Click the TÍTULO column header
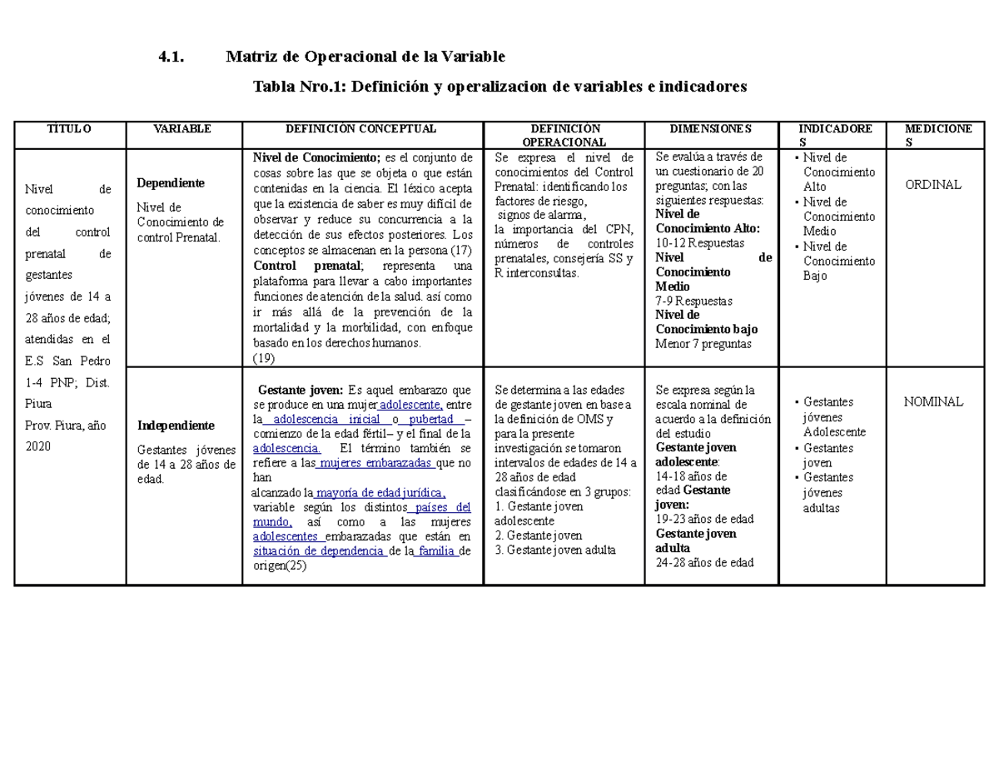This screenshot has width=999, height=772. pyautogui.click(x=69, y=128)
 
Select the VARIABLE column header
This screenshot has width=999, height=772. pyautogui.click(x=183, y=128)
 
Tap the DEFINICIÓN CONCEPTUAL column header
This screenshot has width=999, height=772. pyautogui.click(x=361, y=128)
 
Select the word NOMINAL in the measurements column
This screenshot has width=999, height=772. pyautogui.click(x=933, y=401)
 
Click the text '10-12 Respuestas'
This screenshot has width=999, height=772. pyautogui.click(x=700, y=242)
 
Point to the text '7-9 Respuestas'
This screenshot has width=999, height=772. pyautogui.click(x=694, y=300)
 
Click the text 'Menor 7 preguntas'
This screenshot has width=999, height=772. pyautogui.click(x=703, y=343)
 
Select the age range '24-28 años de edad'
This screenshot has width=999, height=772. pyautogui.click(x=704, y=562)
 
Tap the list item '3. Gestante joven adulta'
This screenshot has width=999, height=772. pyautogui.click(x=554, y=550)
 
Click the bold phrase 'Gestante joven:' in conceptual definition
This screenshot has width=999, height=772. pyautogui.click(x=301, y=389)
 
